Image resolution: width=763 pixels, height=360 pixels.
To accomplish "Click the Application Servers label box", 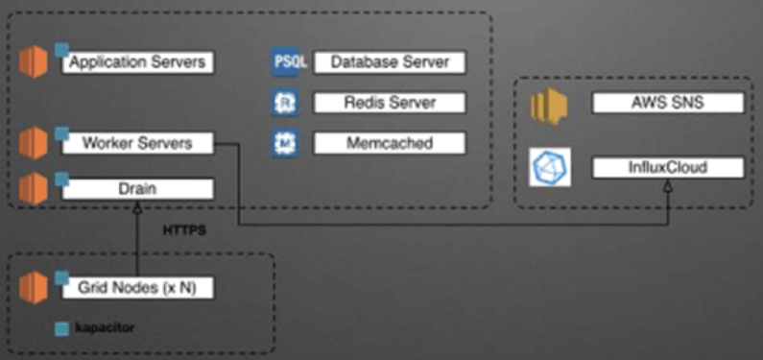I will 137,63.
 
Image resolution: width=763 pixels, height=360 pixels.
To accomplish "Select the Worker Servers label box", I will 137,143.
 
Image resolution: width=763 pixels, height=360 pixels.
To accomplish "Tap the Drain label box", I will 137,188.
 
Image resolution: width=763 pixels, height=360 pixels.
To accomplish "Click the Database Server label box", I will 389,62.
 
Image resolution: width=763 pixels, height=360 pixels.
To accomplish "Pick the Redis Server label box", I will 389,103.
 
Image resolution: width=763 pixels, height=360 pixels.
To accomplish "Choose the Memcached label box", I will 389,143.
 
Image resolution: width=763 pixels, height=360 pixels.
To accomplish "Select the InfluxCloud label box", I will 668,168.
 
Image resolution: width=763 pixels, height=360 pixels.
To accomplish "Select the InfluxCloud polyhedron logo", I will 551,168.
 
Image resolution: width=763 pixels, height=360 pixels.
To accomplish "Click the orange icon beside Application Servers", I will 34,63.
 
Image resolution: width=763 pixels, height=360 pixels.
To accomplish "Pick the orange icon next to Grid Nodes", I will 34,286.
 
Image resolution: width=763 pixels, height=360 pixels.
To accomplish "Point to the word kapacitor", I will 107,328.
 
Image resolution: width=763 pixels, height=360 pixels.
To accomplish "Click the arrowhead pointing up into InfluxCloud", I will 668,185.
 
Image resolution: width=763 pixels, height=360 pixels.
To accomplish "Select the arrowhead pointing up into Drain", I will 137,205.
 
